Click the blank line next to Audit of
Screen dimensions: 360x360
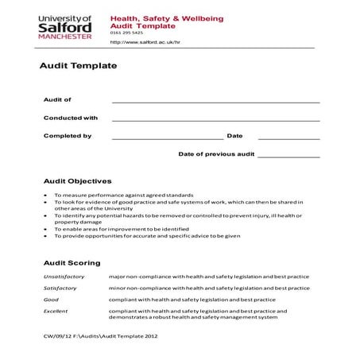[215, 102]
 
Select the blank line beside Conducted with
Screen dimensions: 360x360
[215, 120]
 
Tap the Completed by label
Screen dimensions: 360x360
[67, 136]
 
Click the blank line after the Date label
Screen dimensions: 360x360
[288, 138]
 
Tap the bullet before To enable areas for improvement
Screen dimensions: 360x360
[45, 229]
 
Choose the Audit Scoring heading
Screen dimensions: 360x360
[72, 262]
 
